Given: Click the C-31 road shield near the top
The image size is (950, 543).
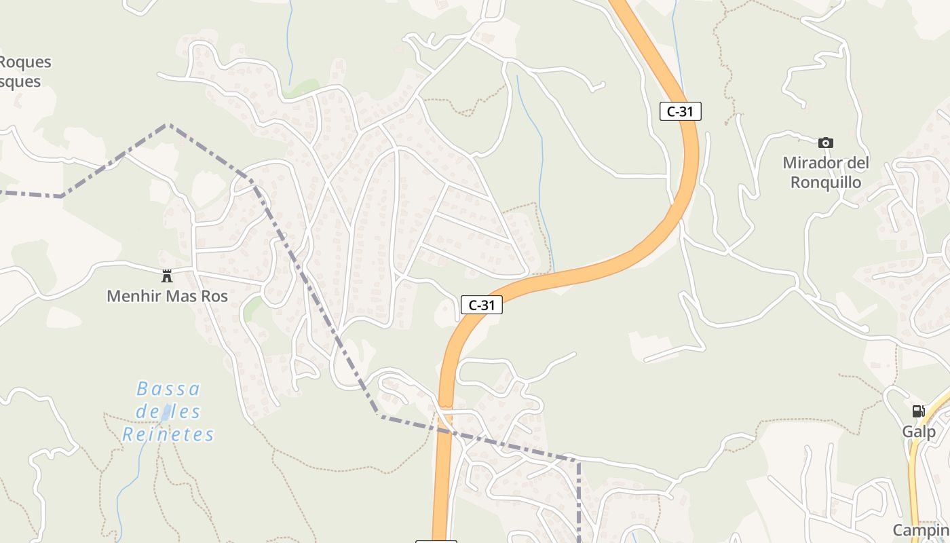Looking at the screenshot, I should tap(680, 111).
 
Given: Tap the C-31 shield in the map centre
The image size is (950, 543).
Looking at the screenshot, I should tap(482, 305).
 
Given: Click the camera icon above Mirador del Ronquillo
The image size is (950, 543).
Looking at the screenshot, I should tap(825, 143).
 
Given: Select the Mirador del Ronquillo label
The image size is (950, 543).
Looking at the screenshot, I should tap(826, 172).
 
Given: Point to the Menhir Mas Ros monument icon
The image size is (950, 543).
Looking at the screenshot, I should tap(167, 276).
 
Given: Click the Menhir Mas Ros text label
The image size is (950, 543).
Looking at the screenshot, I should tap(167, 297).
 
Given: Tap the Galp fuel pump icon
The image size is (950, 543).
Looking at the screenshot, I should tap(918, 411).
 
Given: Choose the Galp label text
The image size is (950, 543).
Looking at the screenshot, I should tap(918, 432).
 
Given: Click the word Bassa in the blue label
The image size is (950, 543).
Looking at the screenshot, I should tap(168, 389).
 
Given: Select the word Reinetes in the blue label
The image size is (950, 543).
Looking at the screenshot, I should tap(168, 434).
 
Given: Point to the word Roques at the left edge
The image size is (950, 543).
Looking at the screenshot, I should tap(25, 62).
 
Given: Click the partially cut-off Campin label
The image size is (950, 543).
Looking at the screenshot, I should tap(921, 530).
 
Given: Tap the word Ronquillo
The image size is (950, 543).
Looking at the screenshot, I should tap(826, 183).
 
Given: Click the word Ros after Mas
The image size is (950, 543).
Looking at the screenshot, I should tap(215, 297).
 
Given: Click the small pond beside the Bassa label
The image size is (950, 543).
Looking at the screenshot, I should tap(166, 413).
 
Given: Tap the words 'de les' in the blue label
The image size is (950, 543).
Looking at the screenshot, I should tap(168, 411).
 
